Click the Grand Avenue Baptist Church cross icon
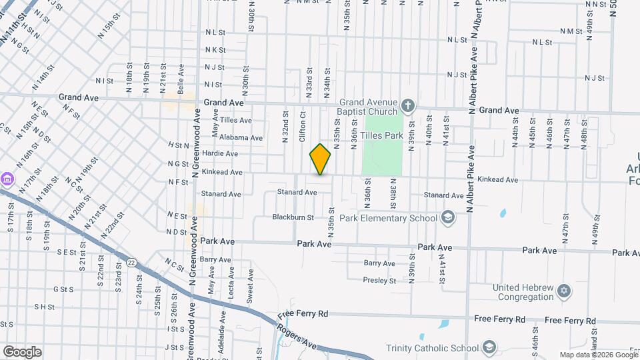pos(409,105)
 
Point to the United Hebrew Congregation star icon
pos(564,292)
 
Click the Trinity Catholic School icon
pos(489,347)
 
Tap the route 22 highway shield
pos(131,263)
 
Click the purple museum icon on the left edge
pos(7,179)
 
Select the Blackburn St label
pos(293,217)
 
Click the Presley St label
pos(380,281)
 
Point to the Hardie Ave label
pos(221,153)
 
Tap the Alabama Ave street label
pos(227,137)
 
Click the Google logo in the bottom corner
pos(22,351)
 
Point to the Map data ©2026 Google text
pos(598,355)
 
